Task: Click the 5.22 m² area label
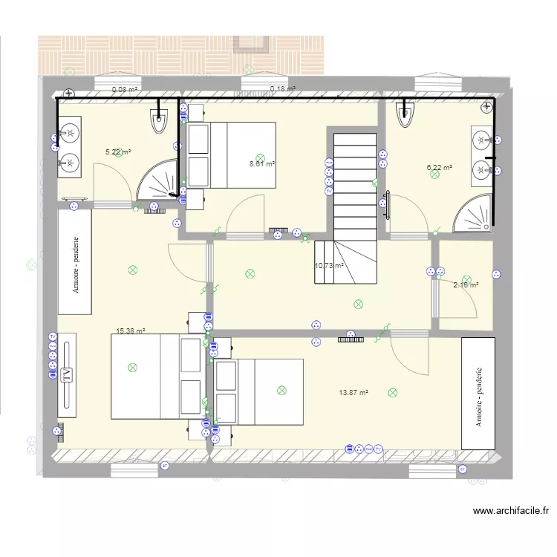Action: pyautogui.click(x=118, y=152)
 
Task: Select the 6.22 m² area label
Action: pyautogui.click(x=439, y=168)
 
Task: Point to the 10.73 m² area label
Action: pyautogui.click(x=329, y=265)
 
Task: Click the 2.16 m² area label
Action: pyautogui.click(x=466, y=284)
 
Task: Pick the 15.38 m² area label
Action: pyautogui.click(x=130, y=332)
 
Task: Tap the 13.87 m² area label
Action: pyautogui.click(x=354, y=393)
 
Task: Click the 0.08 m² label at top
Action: pyautogui.click(x=125, y=90)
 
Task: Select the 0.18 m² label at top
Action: pyautogui.click(x=283, y=89)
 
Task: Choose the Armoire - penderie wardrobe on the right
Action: pyautogui.click(x=479, y=393)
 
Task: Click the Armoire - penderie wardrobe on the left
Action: pyautogui.click(x=74, y=261)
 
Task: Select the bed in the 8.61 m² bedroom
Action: pyautogui.click(x=232, y=154)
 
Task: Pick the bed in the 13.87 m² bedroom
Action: pyautogui.click(x=259, y=391)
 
